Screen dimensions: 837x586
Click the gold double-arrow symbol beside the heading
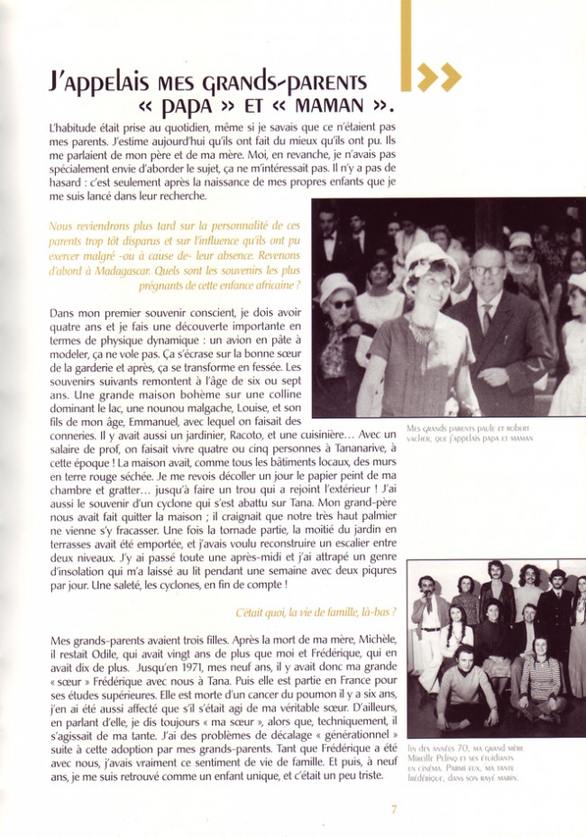click(x=437, y=78)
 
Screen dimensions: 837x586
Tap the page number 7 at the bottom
click(x=394, y=808)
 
